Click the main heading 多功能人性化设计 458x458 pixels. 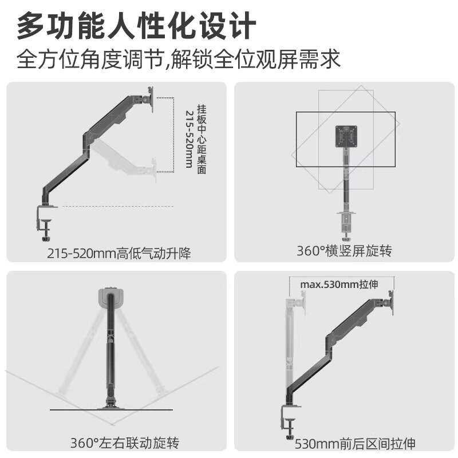pyautogui.click(x=136, y=26)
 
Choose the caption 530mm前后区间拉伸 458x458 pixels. pyautogui.click(x=355, y=443)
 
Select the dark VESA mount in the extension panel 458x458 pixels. pyautogui.click(x=391, y=302)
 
